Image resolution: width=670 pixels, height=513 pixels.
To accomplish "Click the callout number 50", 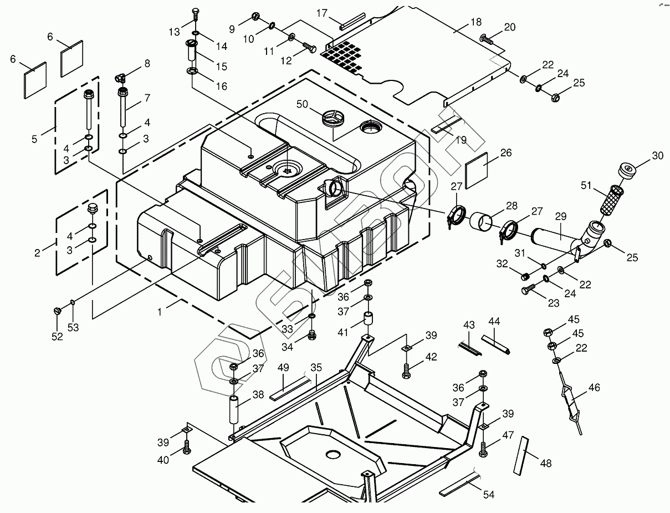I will tap(302, 104).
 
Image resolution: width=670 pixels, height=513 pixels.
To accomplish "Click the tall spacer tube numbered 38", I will tap(235, 409).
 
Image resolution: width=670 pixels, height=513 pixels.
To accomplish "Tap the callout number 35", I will tap(316, 367).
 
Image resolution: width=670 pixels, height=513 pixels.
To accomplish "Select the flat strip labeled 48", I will tap(521, 455).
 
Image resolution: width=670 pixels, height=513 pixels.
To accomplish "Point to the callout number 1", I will tap(160, 312).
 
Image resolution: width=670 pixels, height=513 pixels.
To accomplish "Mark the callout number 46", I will tap(594, 388).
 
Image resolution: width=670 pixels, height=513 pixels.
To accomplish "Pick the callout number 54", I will tap(488, 495).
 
